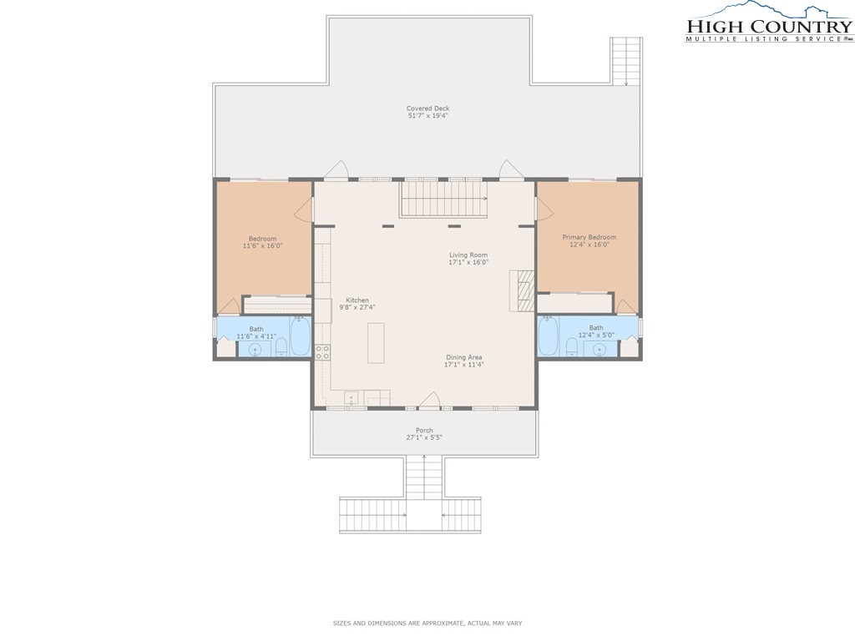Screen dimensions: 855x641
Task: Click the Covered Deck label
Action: (428, 109)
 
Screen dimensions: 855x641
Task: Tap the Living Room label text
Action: (468, 255)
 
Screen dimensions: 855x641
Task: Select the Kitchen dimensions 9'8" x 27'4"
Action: (357, 307)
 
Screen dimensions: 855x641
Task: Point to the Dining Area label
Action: (464, 357)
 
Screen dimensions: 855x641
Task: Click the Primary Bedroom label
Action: (589, 237)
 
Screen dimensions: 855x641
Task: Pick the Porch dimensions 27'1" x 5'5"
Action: (424, 437)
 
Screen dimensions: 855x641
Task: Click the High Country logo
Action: (769, 23)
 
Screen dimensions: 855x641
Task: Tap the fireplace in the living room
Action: (523, 290)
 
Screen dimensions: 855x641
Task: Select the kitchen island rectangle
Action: (376, 343)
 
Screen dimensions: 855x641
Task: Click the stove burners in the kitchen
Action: (322, 352)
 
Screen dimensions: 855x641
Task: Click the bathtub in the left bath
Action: (301, 336)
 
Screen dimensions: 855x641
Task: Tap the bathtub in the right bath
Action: (548, 336)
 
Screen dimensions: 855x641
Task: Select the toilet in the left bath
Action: (281, 346)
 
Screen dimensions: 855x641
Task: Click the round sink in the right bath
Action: (600, 350)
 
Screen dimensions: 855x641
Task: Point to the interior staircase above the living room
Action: (444, 199)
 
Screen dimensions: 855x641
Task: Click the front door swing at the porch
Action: (429, 400)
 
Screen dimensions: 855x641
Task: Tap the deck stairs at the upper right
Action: (626, 61)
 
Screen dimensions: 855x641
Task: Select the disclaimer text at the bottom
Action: (427, 623)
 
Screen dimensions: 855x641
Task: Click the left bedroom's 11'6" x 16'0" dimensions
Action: (263, 246)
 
